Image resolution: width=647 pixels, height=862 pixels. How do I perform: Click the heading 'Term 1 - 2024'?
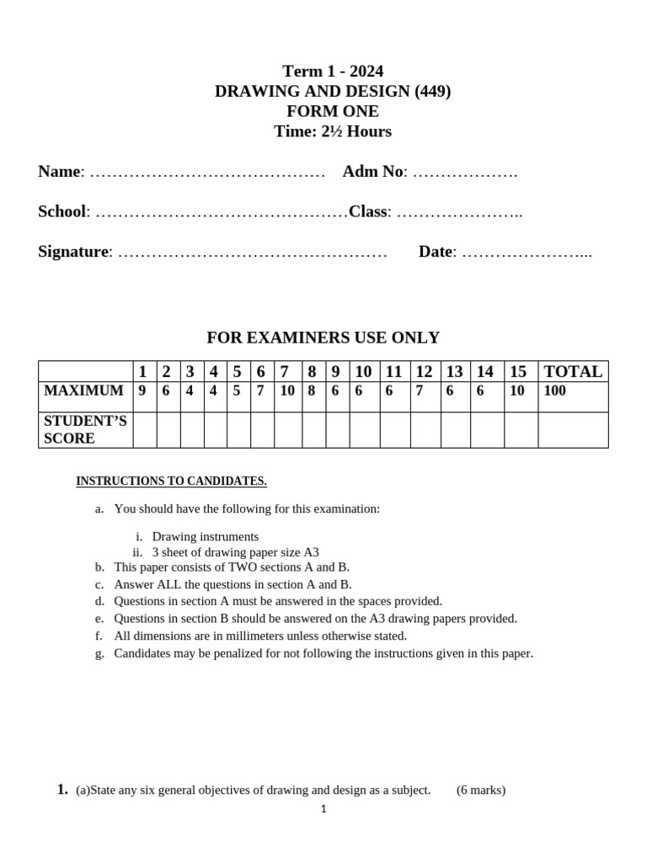(x=332, y=72)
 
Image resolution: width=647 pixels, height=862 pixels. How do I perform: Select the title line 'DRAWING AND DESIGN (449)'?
(x=332, y=92)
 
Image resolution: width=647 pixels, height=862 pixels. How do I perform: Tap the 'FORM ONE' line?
(x=332, y=112)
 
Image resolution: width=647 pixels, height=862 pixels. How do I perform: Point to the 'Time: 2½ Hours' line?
(x=332, y=132)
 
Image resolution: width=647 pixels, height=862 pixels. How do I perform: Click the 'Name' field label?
(x=59, y=172)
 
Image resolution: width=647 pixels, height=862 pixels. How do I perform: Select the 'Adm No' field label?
(x=372, y=172)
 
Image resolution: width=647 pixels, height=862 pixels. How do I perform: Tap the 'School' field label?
(x=61, y=212)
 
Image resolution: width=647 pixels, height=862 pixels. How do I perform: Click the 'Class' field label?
(x=367, y=212)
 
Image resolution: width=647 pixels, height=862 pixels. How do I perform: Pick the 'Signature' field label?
(x=73, y=252)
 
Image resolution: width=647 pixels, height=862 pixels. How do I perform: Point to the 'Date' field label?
(x=435, y=252)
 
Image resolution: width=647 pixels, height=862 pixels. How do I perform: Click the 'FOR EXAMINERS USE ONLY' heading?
(x=323, y=338)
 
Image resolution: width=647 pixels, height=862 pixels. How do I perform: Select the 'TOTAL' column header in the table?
(x=573, y=372)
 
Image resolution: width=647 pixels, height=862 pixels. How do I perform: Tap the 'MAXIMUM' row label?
(x=83, y=391)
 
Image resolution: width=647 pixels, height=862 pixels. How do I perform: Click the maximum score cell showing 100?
(x=555, y=391)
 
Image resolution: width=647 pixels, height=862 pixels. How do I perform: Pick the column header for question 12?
(x=424, y=372)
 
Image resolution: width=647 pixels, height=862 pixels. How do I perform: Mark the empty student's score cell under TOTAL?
(x=573, y=430)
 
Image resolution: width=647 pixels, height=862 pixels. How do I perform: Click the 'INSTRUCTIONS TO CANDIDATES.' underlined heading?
(x=171, y=482)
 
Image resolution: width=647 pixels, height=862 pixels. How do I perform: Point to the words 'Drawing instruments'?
(x=205, y=537)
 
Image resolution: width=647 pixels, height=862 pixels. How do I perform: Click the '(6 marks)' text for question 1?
(x=481, y=790)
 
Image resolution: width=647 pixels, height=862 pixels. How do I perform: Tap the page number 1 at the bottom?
(x=323, y=810)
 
